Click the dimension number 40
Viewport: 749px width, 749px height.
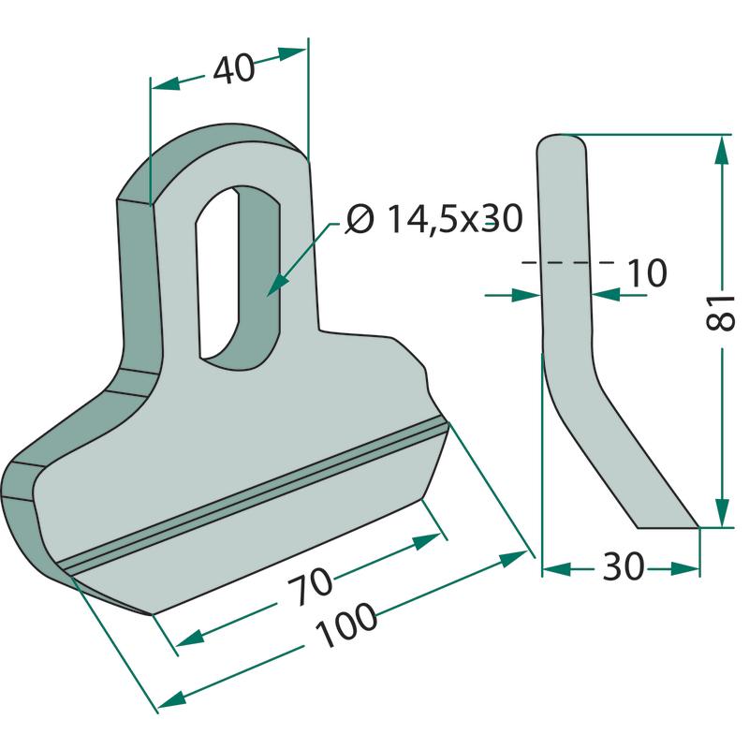(234, 68)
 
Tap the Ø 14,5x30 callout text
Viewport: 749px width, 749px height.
(434, 220)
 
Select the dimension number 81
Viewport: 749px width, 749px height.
(720, 313)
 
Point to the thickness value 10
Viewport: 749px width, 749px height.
(646, 272)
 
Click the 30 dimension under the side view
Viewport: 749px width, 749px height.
(624, 566)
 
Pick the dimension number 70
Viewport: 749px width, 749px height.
(309, 586)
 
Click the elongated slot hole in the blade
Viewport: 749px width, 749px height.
(238, 277)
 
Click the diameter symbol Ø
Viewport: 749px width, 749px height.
(360, 220)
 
